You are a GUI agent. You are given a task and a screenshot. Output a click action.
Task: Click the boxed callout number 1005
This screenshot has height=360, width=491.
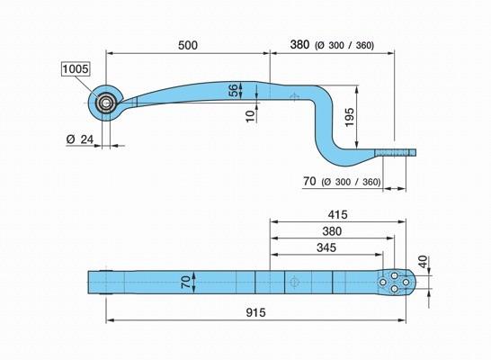click(x=76, y=68)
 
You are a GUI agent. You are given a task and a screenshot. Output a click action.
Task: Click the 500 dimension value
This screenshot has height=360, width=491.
click(x=188, y=45)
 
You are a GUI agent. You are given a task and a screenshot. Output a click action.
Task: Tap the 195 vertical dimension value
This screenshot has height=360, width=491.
click(x=350, y=117)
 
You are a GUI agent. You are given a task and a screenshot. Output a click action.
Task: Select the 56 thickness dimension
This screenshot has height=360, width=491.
click(x=233, y=90)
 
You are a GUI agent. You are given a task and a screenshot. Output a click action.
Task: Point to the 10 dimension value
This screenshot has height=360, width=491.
click(x=251, y=116)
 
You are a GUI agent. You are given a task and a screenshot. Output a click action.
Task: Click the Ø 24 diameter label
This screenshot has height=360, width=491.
click(x=80, y=139)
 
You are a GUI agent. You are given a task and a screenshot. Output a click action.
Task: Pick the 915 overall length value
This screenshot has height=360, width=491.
click(x=255, y=312)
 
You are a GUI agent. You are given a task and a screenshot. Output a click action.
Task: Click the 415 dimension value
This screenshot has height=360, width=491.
click(x=337, y=214)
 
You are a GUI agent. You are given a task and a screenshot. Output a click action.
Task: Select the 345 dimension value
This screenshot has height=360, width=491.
click(x=326, y=247)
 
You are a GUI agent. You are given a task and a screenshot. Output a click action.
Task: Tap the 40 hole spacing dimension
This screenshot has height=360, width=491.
click(x=424, y=262)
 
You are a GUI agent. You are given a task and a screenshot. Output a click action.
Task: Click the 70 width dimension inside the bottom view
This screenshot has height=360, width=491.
click(x=185, y=282)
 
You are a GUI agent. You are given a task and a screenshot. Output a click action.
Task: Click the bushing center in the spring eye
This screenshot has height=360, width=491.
click(x=105, y=103)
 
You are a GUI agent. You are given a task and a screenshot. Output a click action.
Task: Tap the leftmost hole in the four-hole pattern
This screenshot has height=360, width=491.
click(x=383, y=283)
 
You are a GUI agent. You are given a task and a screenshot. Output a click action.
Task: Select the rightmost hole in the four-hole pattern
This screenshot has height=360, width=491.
click(x=406, y=283)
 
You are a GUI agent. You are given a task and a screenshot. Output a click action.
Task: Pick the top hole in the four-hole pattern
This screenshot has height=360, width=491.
click(x=395, y=276)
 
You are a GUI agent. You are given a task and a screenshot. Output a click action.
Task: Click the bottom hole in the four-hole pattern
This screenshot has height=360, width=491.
click(x=395, y=289)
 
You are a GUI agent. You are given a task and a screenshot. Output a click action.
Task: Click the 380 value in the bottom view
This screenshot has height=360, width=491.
click(x=332, y=231)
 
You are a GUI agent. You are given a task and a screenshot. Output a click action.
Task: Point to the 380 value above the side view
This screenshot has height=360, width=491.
click(x=299, y=45)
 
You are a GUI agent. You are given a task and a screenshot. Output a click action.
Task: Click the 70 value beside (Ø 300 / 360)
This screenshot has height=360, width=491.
click(x=309, y=181)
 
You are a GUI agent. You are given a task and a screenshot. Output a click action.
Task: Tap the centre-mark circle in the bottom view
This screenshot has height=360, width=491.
click(x=293, y=282)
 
